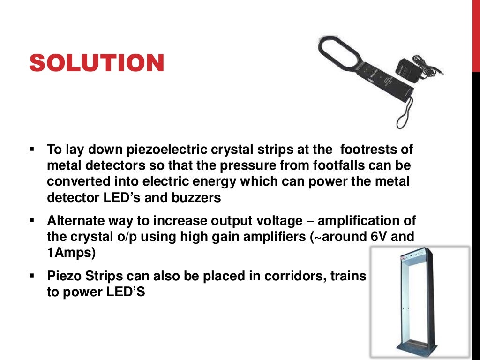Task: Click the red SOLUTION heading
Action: pyautogui.click(x=97, y=63)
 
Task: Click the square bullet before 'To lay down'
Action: pyautogui.click(x=32, y=150)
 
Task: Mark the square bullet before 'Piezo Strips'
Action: pyautogui.click(x=32, y=276)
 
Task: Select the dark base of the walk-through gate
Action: pyautogui.click(x=420, y=349)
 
